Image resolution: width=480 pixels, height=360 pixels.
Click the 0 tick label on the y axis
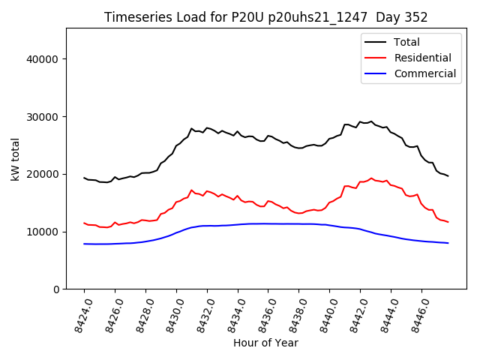[x=55, y=289]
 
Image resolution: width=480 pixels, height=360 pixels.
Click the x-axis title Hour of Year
[x=265, y=343]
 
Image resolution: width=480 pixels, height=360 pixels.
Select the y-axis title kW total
[x=15, y=159]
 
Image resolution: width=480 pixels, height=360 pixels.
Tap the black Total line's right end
[x=448, y=176]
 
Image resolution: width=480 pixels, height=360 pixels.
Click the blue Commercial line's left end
[x=84, y=244]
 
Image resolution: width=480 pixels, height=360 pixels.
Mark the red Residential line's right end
[x=448, y=222]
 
